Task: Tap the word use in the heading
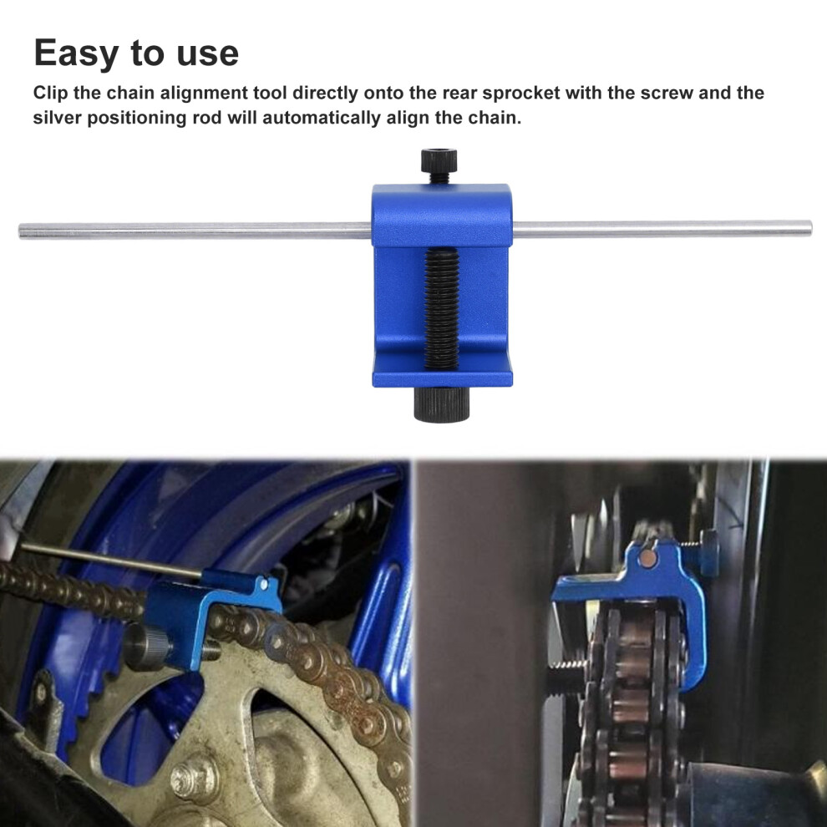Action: pyautogui.click(x=208, y=53)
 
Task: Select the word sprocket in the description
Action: pyautogui.click(x=520, y=93)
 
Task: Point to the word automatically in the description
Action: pyautogui.click(x=321, y=117)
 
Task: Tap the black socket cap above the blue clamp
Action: pyautogui.click(x=439, y=165)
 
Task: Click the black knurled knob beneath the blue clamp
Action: pyautogui.click(x=441, y=404)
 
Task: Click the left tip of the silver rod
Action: pyautogui.click(x=21, y=231)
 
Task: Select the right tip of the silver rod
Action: pyautogui.click(x=810, y=227)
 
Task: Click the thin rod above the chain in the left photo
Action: pyautogui.click(x=112, y=559)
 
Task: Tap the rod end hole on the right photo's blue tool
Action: pyautogui.click(x=648, y=559)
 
